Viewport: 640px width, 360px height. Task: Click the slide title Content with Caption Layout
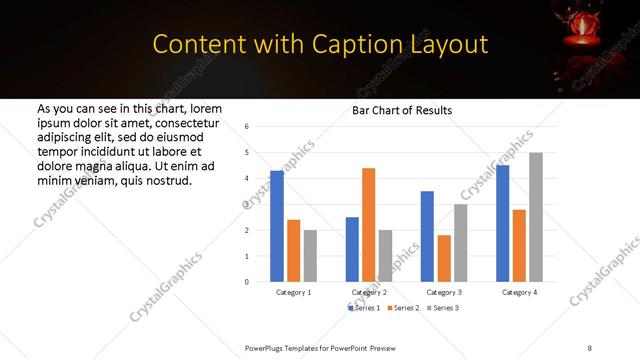tap(320, 45)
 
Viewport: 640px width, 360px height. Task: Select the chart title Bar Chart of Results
tap(402, 110)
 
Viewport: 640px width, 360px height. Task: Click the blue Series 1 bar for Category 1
tap(277, 226)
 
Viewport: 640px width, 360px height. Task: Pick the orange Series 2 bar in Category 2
tap(368, 225)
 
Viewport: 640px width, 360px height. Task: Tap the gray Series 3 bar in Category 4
tap(536, 217)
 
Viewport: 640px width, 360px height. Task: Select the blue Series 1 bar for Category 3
tap(427, 236)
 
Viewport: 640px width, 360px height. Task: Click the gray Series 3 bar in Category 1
tap(310, 256)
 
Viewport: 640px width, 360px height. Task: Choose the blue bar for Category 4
tap(502, 223)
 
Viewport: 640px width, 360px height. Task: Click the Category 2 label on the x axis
tap(369, 292)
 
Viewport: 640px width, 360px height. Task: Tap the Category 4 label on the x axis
tap(519, 292)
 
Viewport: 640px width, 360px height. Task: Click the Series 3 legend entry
tap(445, 308)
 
